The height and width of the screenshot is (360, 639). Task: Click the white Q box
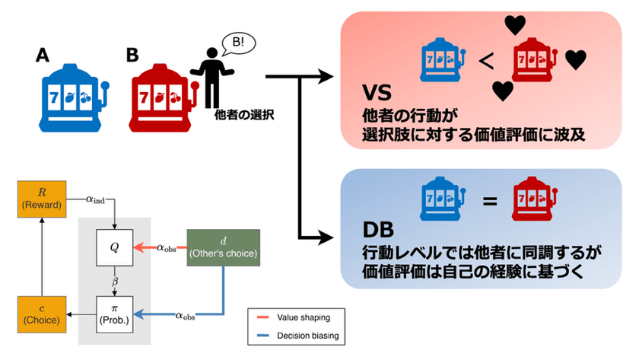tap(114, 247)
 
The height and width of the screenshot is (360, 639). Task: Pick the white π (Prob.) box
tap(114, 313)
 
